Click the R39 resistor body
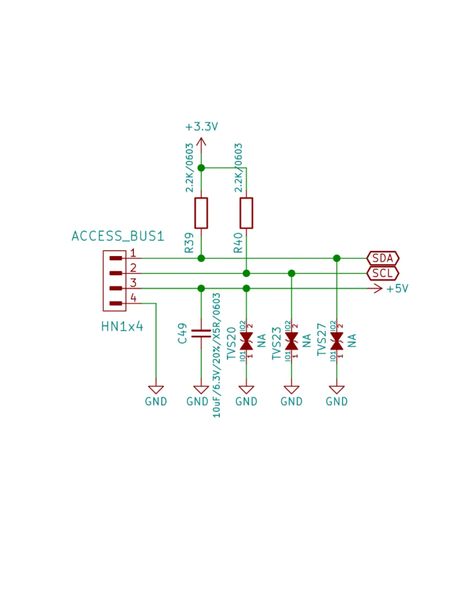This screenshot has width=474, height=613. (201, 213)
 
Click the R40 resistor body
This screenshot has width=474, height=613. (246, 213)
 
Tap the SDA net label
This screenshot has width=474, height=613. (383, 258)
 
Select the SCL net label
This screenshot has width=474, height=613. (383, 273)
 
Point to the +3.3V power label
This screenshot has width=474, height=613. (201, 127)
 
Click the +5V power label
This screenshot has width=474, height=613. (397, 289)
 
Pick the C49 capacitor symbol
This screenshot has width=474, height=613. (201, 333)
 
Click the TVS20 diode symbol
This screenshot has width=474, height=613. (246, 341)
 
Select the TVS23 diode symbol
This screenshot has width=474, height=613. (292, 341)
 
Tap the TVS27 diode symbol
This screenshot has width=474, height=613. (337, 341)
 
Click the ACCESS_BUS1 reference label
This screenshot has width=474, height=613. (118, 236)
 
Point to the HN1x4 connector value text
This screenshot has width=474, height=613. (122, 327)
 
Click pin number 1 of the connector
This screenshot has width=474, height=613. (133, 253)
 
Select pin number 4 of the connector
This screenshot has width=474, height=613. (133, 298)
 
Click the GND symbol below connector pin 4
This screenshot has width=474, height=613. (156, 390)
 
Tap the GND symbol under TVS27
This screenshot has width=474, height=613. (337, 390)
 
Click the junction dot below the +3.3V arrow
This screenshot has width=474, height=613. (201, 168)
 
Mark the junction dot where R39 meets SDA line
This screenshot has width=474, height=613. (201, 258)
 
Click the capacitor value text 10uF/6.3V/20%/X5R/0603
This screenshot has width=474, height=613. (216, 355)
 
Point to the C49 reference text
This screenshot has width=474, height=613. (182, 334)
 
